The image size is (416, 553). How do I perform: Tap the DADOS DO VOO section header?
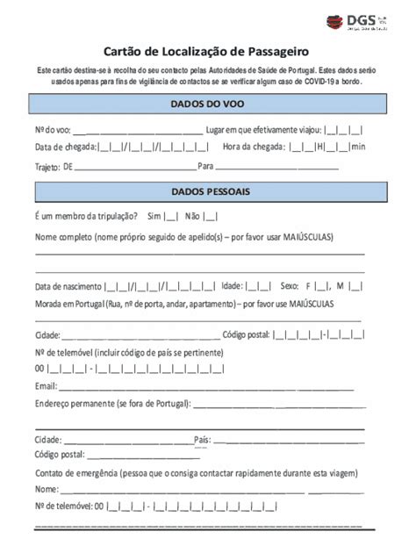[x=207, y=104]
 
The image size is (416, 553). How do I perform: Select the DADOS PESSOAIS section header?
[x=207, y=190]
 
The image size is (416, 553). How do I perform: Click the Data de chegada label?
[x=65, y=146]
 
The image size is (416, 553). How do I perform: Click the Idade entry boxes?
[x=258, y=286]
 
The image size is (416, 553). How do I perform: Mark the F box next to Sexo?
[x=322, y=286]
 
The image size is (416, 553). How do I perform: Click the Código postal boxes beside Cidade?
[x=319, y=334]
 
